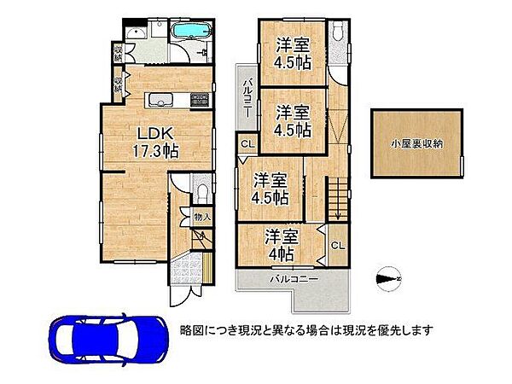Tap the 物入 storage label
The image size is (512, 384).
(201, 218)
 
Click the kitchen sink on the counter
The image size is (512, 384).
(159, 102)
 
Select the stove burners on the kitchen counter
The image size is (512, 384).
(199, 100)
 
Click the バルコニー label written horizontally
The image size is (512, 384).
(295, 280)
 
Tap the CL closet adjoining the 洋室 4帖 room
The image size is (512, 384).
(336, 247)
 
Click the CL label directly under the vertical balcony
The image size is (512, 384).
(247, 144)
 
